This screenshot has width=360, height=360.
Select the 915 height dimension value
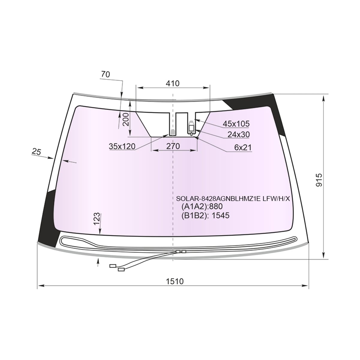tap(319, 180)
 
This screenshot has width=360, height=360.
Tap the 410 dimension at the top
tap(172, 83)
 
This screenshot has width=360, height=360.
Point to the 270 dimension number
tap(173, 146)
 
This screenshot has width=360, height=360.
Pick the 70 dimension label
tap(106, 74)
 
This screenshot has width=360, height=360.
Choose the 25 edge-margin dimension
tap(36, 151)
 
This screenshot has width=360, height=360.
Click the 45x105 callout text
tap(236, 124)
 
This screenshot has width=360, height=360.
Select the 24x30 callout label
tap(238, 134)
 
